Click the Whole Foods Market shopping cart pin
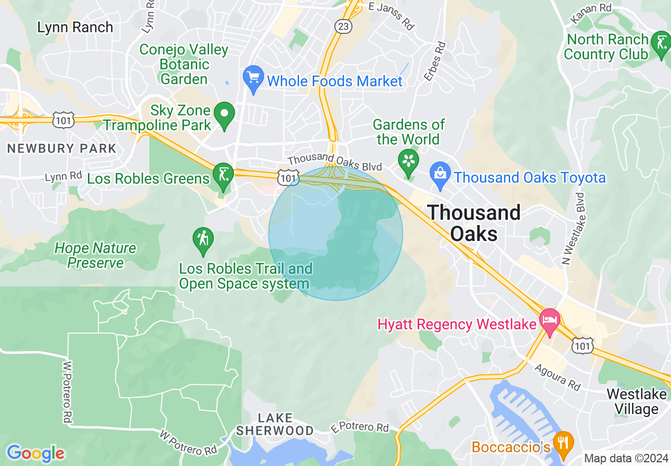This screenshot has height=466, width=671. [x=253, y=78]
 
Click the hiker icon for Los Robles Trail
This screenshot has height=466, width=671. [x=203, y=241]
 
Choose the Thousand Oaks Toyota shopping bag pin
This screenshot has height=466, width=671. [x=440, y=175]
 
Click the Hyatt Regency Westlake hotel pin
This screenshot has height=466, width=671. [x=549, y=321]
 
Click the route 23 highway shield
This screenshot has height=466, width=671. [x=343, y=26]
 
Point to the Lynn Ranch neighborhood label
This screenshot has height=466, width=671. [x=75, y=27]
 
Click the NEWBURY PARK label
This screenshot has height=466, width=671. [x=61, y=149]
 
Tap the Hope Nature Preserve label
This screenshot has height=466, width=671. [x=95, y=255]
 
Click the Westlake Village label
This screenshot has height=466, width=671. [x=636, y=401]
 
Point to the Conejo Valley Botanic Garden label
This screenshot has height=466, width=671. [x=184, y=65]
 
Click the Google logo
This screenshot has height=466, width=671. [x=35, y=453]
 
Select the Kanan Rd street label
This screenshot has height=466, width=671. [x=592, y=13]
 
